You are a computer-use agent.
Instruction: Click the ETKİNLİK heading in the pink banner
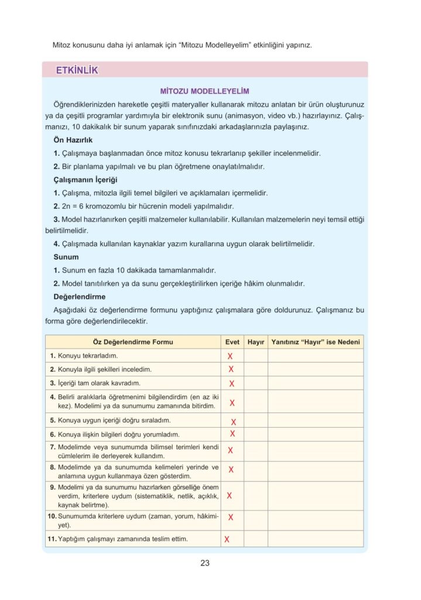pyautogui.click(x=77, y=71)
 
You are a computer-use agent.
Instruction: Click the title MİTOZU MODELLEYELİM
pyautogui.click(x=205, y=91)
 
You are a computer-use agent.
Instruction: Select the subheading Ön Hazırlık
pyautogui.click(x=73, y=141)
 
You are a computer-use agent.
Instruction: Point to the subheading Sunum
pyautogui.click(x=66, y=257)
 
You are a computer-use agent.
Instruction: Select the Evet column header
pyautogui.click(x=232, y=342)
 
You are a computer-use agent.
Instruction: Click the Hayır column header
pyautogui.click(x=256, y=342)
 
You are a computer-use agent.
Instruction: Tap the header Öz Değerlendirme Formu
pyautogui.click(x=133, y=342)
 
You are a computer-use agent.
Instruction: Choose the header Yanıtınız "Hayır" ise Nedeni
pyautogui.click(x=316, y=342)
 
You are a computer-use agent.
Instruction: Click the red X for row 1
pyautogui.click(x=230, y=356)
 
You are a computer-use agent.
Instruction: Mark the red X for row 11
pyautogui.click(x=227, y=539)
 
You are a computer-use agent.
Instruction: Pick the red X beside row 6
pyautogui.click(x=232, y=434)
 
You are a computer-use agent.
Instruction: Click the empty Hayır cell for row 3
pyautogui.click(x=256, y=383)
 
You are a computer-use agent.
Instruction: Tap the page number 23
pyautogui.click(x=205, y=564)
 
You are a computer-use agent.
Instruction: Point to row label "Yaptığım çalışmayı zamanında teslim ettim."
pyautogui.click(x=123, y=538)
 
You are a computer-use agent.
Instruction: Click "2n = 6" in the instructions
pyautogui.click(x=74, y=206)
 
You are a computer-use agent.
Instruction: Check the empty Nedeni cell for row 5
pyautogui.click(x=316, y=421)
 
